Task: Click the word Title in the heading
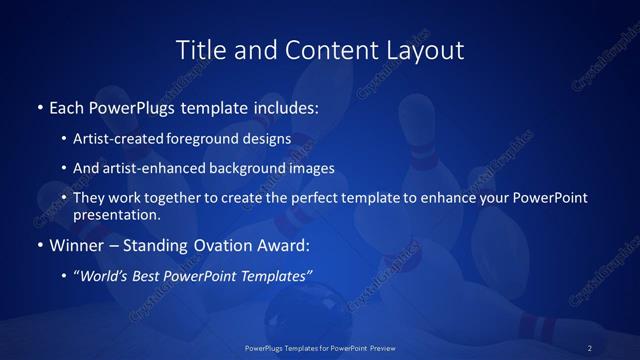[197, 49]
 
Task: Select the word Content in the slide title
[321, 49]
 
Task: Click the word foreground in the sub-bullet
[208, 139]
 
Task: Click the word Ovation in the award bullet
[215, 244]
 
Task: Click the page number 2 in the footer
[590, 348]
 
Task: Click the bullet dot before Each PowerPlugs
[39, 105]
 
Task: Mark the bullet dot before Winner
[39, 244]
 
